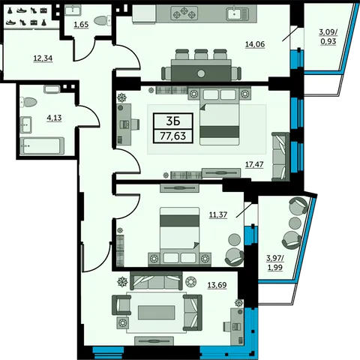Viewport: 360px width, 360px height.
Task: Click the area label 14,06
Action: point(255,44)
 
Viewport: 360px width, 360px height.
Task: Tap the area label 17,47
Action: point(254,164)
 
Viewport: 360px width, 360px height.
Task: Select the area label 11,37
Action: point(218,214)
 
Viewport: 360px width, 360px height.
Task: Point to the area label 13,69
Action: point(217,285)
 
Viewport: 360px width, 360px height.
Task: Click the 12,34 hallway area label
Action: point(43,58)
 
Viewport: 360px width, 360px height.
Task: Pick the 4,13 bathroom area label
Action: point(54,118)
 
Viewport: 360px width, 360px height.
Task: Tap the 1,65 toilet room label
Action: point(81,25)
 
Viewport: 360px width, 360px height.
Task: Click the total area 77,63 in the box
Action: point(173,136)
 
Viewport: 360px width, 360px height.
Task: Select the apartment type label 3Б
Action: point(173,121)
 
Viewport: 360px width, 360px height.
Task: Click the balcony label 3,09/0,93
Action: point(328,37)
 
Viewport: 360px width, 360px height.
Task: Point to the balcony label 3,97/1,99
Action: point(275,262)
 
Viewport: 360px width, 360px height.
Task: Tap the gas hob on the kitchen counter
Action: point(184,13)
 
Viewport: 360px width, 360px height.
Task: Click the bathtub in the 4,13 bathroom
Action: point(42,146)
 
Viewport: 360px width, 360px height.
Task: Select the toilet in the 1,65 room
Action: point(103,20)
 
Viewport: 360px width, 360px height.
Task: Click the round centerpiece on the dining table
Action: point(201,73)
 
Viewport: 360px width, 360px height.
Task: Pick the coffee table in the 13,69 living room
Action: point(156,313)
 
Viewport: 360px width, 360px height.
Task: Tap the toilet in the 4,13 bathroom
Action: point(28,102)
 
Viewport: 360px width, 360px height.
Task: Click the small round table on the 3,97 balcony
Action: point(295,222)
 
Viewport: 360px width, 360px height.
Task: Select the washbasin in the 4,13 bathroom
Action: point(25,124)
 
